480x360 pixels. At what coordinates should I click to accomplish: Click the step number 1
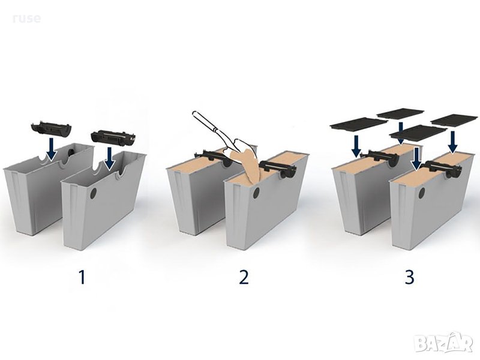pyautogui.click(x=82, y=277)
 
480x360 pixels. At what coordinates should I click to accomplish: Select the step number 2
pyautogui.click(x=244, y=277)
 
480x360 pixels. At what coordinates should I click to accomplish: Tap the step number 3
pyautogui.click(x=409, y=277)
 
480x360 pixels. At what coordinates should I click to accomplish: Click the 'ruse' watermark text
pyautogui.click(x=27, y=19)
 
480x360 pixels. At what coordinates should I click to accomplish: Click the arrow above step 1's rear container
pyautogui.click(x=51, y=149)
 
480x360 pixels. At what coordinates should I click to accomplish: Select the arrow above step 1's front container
pyautogui.click(x=109, y=158)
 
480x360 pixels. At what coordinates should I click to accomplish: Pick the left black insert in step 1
pyautogui.click(x=51, y=128)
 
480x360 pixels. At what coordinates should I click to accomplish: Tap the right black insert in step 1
pyautogui.click(x=113, y=138)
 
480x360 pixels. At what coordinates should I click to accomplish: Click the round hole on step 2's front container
pyautogui.click(x=256, y=193)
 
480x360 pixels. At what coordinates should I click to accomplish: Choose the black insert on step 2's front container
pyautogui.click(x=278, y=169)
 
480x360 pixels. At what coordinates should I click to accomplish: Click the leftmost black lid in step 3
pyautogui.click(x=359, y=123)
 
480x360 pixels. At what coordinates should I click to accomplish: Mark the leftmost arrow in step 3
pyautogui.click(x=356, y=146)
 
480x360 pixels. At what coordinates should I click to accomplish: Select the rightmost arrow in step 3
pyautogui.click(x=453, y=142)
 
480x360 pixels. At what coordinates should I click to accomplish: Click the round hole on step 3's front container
pyautogui.click(x=422, y=193)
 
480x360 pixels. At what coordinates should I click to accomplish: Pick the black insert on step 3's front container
pyautogui.click(x=443, y=169)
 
